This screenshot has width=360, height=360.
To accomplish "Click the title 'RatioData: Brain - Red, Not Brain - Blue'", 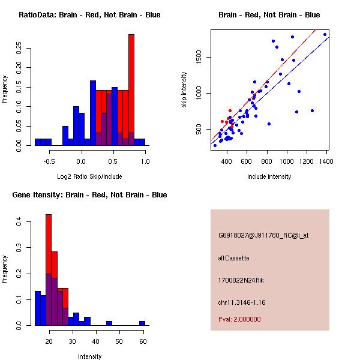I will click(x=89, y=15).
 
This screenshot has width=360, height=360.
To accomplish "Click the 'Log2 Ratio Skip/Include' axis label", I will click(x=89, y=176).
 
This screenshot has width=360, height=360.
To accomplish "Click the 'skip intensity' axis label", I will click(x=184, y=90).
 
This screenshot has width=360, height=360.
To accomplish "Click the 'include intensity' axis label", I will click(x=269, y=176).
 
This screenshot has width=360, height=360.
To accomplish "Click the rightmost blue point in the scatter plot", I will click(x=325, y=35).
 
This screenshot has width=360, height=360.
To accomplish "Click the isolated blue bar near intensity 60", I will click(x=142, y=323).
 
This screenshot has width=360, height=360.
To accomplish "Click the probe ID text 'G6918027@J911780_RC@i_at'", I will click(x=263, y=235).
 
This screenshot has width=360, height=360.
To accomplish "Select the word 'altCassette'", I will click(x=233, y=258).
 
